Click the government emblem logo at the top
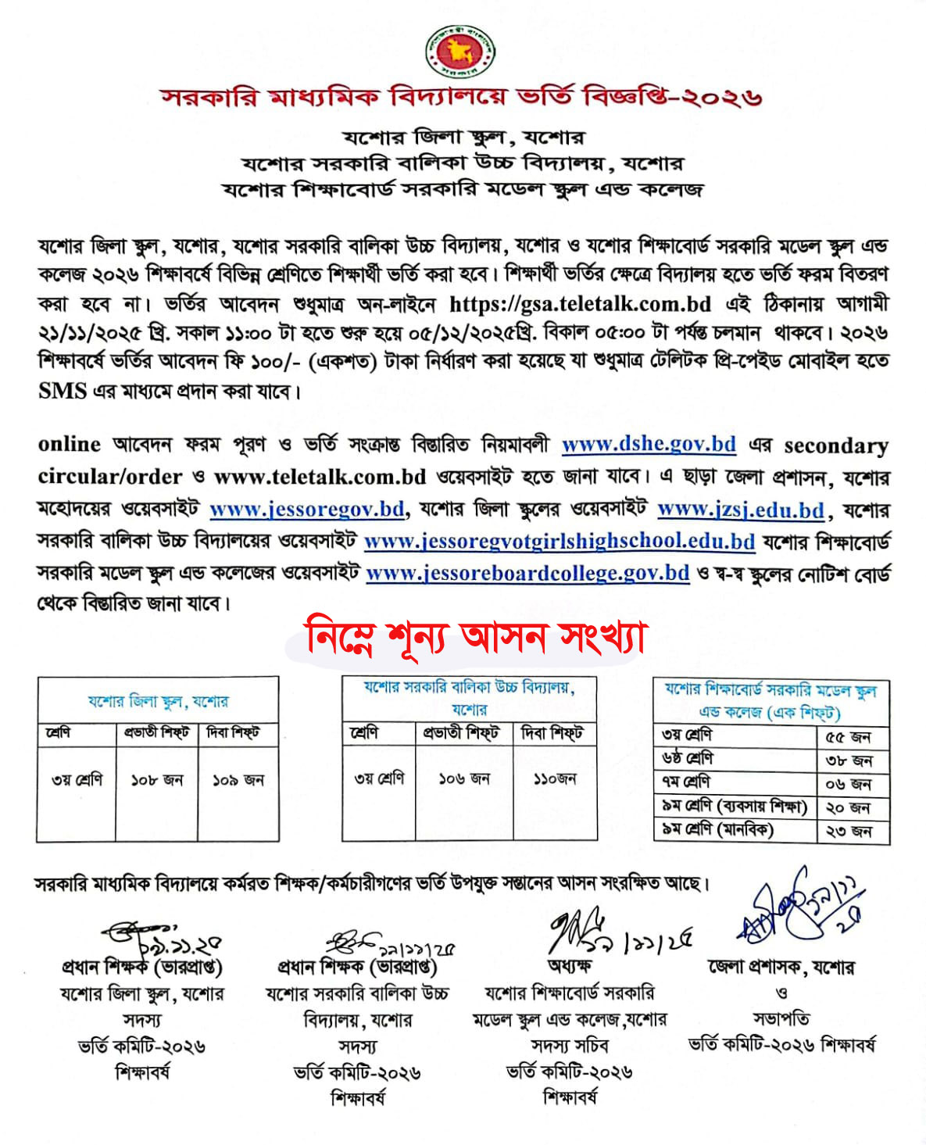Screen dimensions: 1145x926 coord(460,52)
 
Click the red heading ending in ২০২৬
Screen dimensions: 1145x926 coord(461,97)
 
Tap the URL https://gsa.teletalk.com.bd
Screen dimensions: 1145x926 coord(580,303)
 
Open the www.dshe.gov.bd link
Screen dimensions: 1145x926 coord(649,445)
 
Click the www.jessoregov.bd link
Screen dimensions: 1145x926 coord(307,510)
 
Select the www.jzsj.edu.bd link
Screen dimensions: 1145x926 coord(741,510)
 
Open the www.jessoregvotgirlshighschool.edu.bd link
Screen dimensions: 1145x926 coord(560,542)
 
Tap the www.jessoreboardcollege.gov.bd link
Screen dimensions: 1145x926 coord(527,573)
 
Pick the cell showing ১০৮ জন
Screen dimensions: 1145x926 coord(156,780)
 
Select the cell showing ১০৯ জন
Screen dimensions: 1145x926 coord(238,780)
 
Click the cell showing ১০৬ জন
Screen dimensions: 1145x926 coord(464,779)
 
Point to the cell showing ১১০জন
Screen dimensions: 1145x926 coord(555,779)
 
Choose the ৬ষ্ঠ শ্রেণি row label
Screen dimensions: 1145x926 coord(688,759)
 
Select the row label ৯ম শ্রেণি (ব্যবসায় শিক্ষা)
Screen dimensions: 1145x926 coord(734,807)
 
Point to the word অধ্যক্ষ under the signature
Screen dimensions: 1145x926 coord(570,966)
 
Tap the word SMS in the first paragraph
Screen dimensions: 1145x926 coord(62,391)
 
